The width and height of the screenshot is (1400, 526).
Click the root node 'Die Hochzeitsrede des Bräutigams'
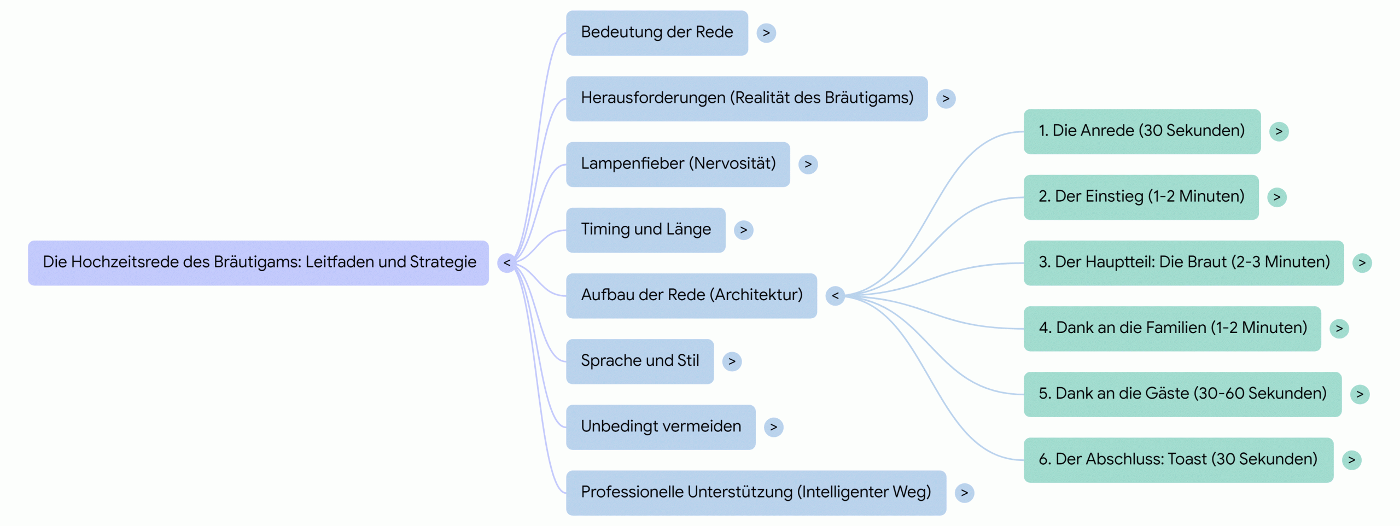258,262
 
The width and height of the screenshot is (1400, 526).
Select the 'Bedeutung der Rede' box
656,33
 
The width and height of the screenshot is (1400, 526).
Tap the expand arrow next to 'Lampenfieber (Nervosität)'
808,164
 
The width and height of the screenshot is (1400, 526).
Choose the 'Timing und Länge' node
645,230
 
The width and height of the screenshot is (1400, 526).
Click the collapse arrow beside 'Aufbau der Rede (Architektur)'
835,296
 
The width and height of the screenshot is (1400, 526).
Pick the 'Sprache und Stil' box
639,361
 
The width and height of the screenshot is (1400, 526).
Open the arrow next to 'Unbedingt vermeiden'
773,427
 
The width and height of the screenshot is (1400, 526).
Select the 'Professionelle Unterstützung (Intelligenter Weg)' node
755,493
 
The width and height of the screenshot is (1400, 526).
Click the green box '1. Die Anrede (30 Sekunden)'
1141,131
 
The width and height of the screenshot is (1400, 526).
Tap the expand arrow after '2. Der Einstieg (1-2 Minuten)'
1277,197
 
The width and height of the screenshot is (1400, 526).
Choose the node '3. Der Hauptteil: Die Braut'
1183,262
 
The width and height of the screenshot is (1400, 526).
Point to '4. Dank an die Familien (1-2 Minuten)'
1172,328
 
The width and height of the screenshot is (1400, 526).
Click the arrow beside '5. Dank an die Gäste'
1360,394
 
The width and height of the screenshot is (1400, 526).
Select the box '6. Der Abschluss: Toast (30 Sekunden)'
1178,459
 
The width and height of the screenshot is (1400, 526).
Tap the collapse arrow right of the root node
507,263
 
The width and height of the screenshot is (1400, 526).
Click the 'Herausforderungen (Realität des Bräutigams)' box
746,98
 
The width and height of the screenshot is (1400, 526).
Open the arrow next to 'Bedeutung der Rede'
766,33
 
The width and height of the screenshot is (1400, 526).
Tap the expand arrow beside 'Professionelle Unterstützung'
964,493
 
